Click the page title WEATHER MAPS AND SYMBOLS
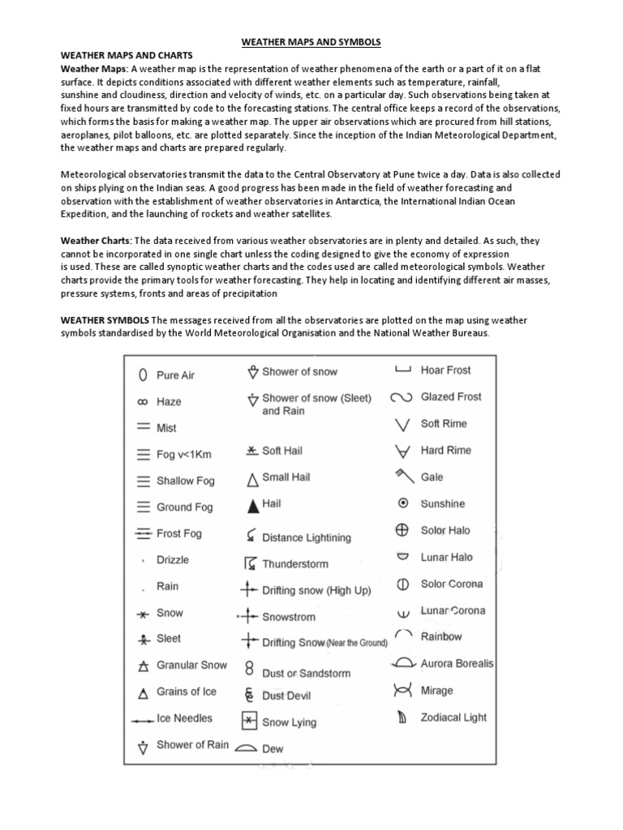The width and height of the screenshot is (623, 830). pos(312,41)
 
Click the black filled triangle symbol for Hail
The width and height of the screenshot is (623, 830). pos(251,504)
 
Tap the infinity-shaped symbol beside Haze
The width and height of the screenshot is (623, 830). pos(142,401)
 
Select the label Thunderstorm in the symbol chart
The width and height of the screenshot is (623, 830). pos(294,563)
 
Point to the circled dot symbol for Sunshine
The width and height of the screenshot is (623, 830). pos(401,503)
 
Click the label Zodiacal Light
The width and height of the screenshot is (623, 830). pos(453,717)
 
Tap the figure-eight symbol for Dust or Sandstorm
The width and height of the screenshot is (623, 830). pos(250,669)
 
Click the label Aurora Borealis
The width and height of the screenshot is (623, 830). pos(457,664)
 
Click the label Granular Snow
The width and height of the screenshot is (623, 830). pos(191,665)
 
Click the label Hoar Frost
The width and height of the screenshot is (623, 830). pos(445,370)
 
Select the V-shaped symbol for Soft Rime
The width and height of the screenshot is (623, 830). pos(401,424)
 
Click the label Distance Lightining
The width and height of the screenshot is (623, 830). pos(307,537)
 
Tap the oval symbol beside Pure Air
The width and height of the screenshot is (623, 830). pos(142,375)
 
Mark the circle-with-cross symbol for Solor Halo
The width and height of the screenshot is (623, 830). pos(401,530)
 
